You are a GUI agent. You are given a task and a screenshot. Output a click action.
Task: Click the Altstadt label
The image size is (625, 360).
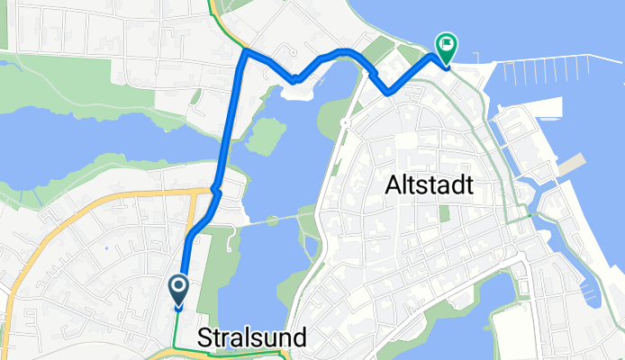click(430, 187)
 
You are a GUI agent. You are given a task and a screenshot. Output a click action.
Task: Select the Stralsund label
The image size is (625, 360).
click(252, 339)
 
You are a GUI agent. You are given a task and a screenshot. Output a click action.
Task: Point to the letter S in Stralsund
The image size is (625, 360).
click(205, 339)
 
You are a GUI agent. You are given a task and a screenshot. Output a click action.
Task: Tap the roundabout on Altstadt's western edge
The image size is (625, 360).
click(345, 122)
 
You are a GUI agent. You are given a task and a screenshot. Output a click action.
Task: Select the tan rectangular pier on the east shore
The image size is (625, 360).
click(571, 166)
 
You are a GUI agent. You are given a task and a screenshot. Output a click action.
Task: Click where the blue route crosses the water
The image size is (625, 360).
click(226, 135)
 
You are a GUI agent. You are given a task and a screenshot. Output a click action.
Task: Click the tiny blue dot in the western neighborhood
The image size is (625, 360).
click(106, 248)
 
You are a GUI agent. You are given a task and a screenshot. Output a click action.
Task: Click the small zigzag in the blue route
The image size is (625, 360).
click(215, 190)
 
